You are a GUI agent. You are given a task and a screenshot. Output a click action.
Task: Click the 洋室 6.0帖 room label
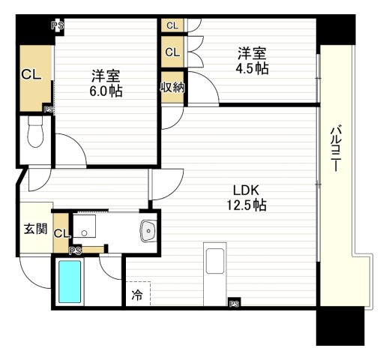point(106,83)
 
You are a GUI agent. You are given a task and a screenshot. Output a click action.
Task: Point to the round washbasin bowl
point(148,231)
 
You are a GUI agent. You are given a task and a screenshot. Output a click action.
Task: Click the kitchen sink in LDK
point(214,267)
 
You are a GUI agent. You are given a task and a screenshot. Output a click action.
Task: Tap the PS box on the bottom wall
point(234,304)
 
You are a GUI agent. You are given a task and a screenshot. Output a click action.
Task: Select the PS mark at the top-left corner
point(57,25)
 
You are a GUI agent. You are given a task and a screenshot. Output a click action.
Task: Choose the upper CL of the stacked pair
point(172,25)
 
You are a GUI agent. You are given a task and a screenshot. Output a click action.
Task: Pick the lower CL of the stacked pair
point(172,52)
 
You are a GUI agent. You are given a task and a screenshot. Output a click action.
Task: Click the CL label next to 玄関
point(61,234)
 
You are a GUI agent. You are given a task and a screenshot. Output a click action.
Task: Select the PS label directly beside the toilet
point(48,109)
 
